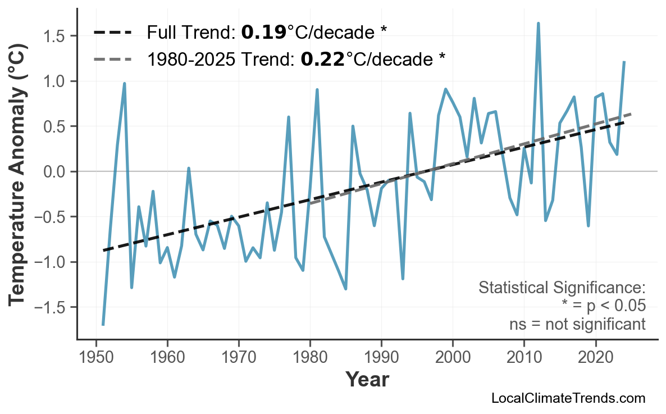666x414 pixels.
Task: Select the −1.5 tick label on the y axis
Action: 52,307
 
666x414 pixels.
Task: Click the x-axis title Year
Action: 367,380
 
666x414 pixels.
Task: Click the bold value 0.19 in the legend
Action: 263,33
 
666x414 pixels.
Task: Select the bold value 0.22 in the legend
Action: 322,58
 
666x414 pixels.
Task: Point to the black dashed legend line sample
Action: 112,33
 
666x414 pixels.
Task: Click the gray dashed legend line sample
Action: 112,58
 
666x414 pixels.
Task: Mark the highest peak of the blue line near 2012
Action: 538,24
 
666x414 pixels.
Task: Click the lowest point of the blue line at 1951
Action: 103,324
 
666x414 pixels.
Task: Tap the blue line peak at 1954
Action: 124,84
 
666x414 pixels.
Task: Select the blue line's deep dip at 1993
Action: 403,278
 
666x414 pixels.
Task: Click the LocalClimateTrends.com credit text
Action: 568,398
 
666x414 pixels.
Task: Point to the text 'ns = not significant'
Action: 577,324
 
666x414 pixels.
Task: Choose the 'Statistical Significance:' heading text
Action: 562,288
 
